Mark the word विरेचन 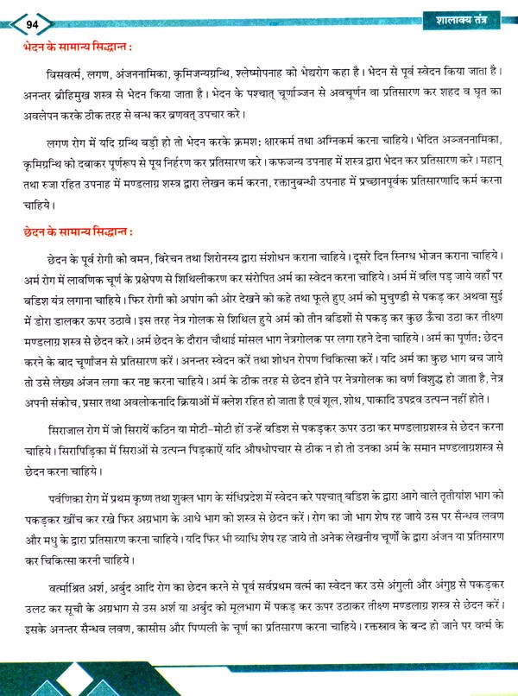(173, 258)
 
